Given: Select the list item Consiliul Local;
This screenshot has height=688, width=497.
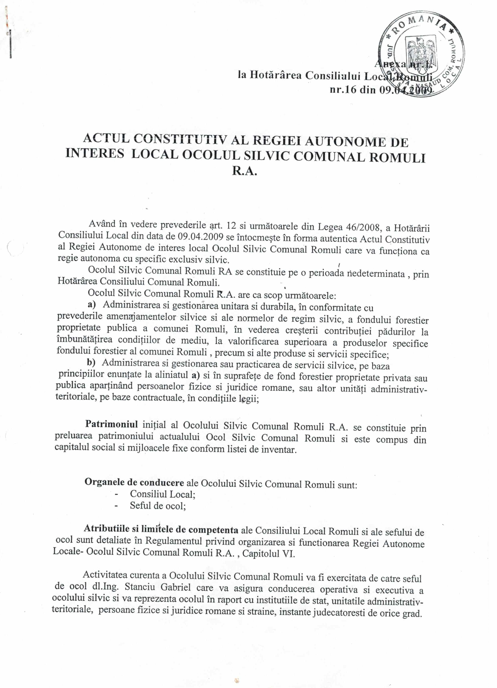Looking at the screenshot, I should click(x=163, y=494).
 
